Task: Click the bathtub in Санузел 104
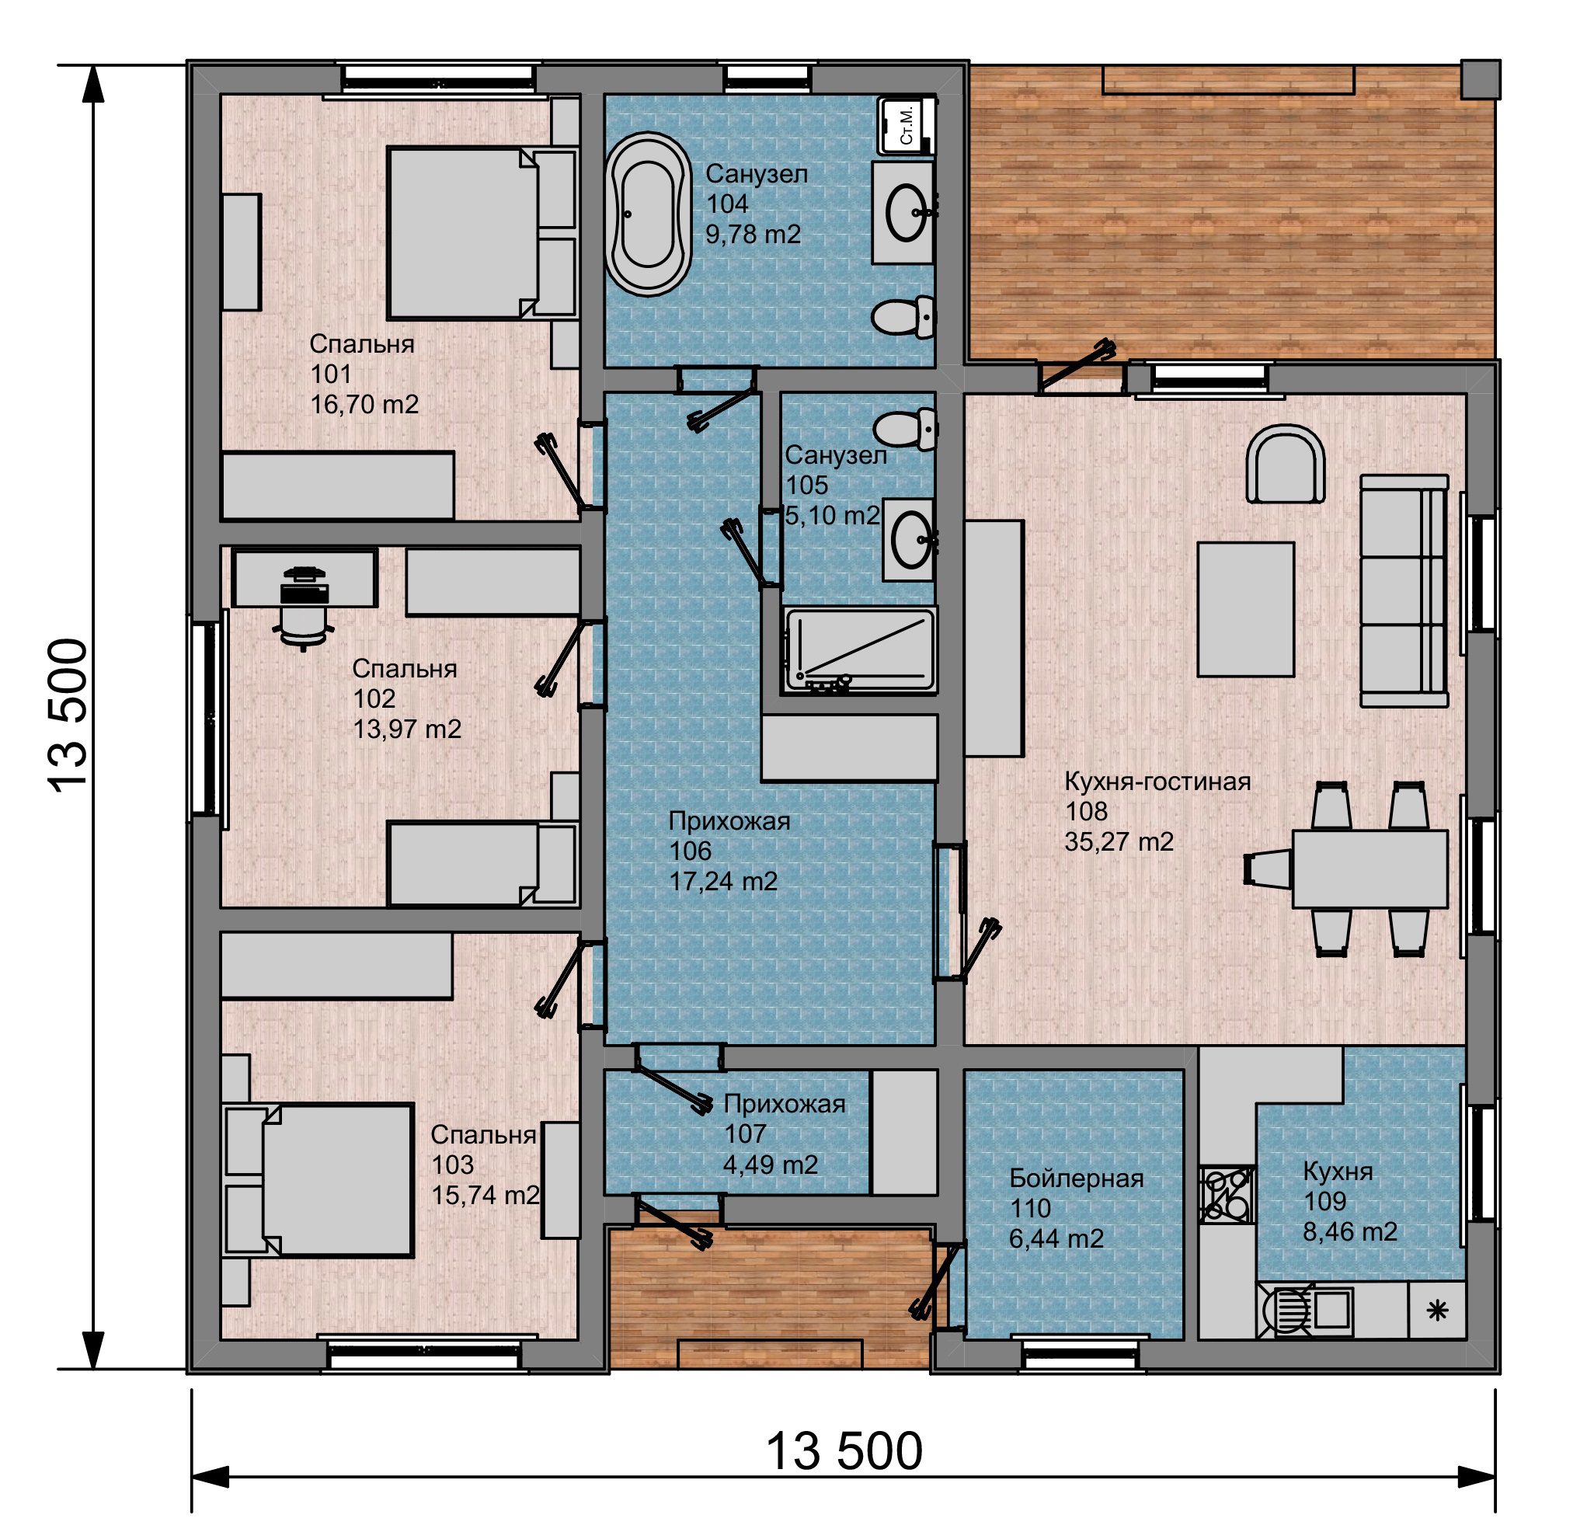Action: pyautogui.click(x=648, y=214)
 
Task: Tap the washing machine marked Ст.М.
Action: pyautogui.click(x=907, y=124)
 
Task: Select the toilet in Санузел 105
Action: pyautogui.click(x=904, y=430)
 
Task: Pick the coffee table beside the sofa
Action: pyautogui.click(x=1245, y=609)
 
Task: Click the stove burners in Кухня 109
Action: pyautogui.click(x=1227, y=1194)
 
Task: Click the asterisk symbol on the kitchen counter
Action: pyautogui.click(x=1438, y=1310)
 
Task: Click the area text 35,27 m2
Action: pyautogui.click(x=1119, y=841)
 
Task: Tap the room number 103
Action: pyautogui.click(x=453, y=1165)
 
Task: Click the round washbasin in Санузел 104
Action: pyautogui.click(x=906, y=212)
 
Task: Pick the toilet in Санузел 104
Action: pyautogui.click(x=904, y=316)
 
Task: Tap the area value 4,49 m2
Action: pyautogui.click(x=770, y=1165)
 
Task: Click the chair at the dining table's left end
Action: pyautogui.click(x=1267, y=869)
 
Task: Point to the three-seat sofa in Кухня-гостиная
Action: pyautogui.click(x=1404, y=591)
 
